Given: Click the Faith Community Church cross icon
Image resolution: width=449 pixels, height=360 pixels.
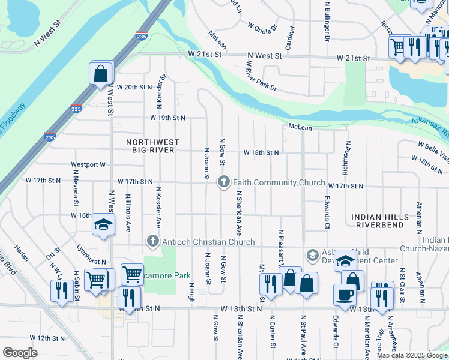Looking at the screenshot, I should (x=224, y=182).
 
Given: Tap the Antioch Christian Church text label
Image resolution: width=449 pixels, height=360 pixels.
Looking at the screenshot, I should (x=208, y=242).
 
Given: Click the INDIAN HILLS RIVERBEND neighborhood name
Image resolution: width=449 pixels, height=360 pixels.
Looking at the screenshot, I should (x=379, y=220).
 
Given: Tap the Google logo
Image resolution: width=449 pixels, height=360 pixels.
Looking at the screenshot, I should (x=20, y=353).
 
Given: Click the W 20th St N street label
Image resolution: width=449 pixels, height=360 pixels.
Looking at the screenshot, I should (x=135, y=87).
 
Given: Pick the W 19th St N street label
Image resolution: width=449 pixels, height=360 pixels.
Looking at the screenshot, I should (x=167, y=118).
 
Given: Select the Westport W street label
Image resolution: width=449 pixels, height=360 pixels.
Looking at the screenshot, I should (x=88, y=164).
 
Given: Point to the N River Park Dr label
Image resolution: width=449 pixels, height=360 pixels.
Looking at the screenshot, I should (x=261, y=76).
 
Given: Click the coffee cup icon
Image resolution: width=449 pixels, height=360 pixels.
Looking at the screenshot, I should (x=345, y=295).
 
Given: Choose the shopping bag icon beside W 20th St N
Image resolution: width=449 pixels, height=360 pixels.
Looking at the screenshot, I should (x=101, y=74).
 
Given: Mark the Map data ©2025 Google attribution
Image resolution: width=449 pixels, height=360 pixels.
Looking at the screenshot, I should (x=412, y=355).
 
